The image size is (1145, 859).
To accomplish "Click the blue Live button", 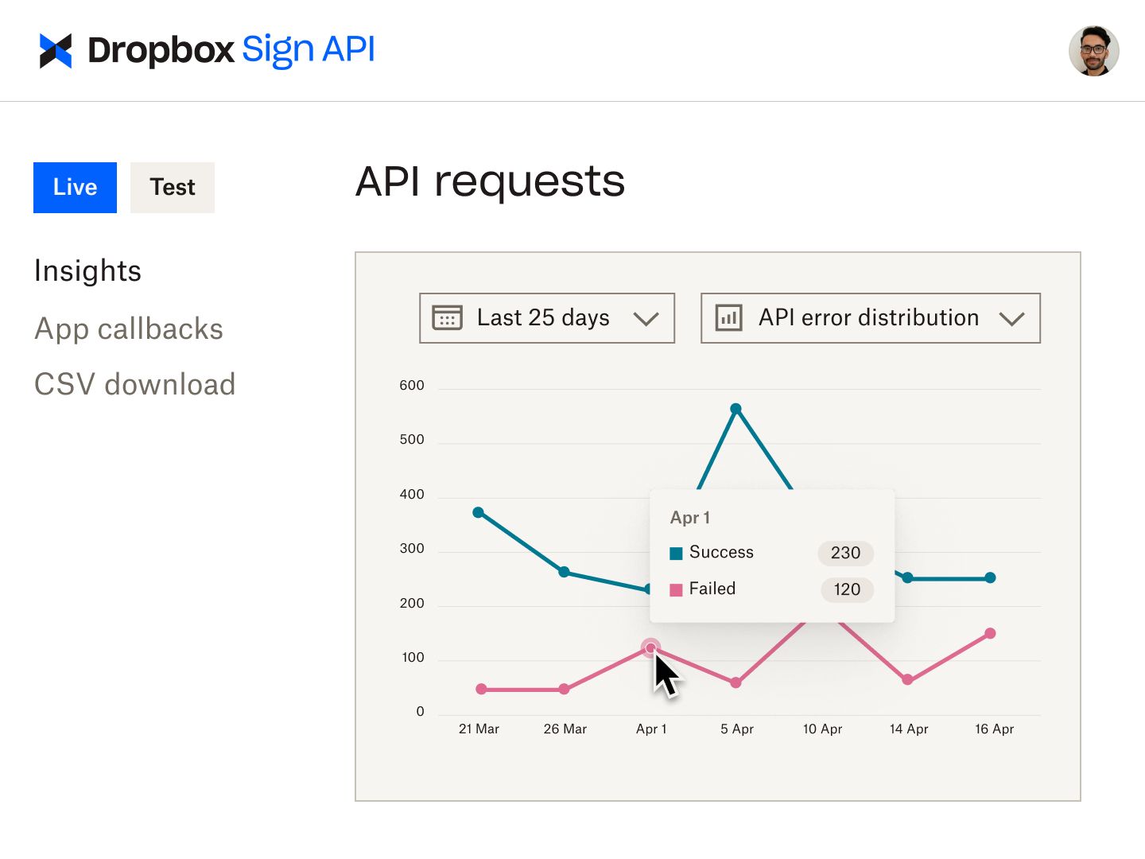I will tap(75, 188).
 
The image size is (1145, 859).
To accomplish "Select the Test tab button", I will tap(173, 188).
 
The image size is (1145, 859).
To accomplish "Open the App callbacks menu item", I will tap(129, 329).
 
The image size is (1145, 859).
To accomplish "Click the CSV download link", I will tap(135, 385).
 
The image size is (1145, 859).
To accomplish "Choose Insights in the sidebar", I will tap(88, 271).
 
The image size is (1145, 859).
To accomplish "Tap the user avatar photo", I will tap(1093, 51).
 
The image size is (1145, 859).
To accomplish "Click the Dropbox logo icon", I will tap(56, 51).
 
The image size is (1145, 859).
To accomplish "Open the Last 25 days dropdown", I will tap(546, 318).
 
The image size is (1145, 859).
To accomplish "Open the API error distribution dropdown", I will tap(870, 318).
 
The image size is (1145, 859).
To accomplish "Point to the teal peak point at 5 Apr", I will tap(736, 409).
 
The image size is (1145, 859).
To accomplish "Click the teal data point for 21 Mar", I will tap(478, 512).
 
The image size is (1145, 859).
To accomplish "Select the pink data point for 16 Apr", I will tap(990, 634).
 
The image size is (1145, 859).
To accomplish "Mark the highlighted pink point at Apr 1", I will tap(650, 647).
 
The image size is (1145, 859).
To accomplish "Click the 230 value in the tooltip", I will tap(845, 553).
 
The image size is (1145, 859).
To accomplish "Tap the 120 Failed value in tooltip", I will tap(847, 589).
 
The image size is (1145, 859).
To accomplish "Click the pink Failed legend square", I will tap(677, 590).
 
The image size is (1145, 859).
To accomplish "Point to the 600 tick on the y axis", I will tap(412, 386).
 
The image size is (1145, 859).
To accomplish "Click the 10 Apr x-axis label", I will tap(822, 729).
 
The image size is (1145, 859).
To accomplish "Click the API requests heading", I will tap(490, 181).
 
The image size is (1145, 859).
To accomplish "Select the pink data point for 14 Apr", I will tap(907, 679).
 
